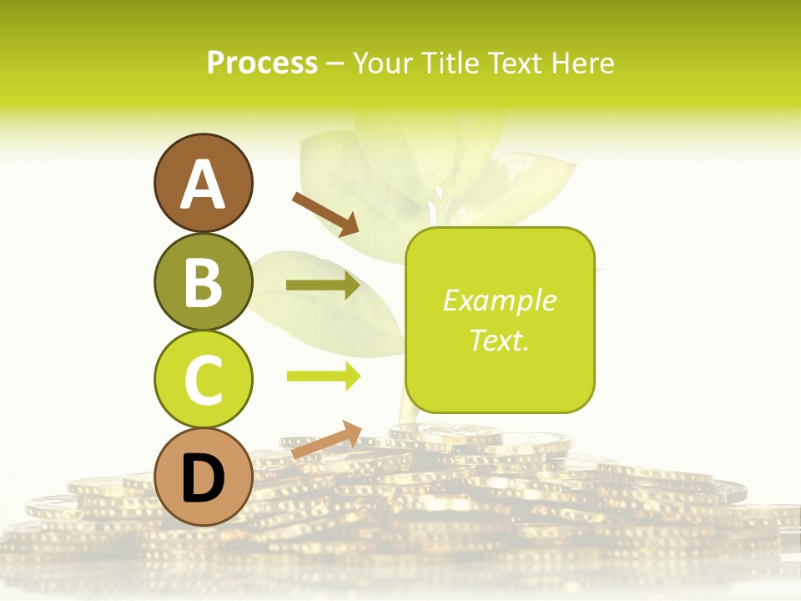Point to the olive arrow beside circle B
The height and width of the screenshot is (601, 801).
[x=323, y=286]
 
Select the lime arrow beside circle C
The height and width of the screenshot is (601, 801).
[x=323, y=376]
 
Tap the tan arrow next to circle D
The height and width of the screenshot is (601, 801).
[x=325, y=440]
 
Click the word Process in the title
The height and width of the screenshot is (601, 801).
[x=262, y=63]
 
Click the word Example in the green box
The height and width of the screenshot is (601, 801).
[x=499, y=300]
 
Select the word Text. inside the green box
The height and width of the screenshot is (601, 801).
[x=499, y=340]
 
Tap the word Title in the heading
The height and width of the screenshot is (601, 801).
[x=446, y=63]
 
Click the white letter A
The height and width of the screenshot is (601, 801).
[x=203, y=184]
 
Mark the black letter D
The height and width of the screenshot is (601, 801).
[x=203, y=478]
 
